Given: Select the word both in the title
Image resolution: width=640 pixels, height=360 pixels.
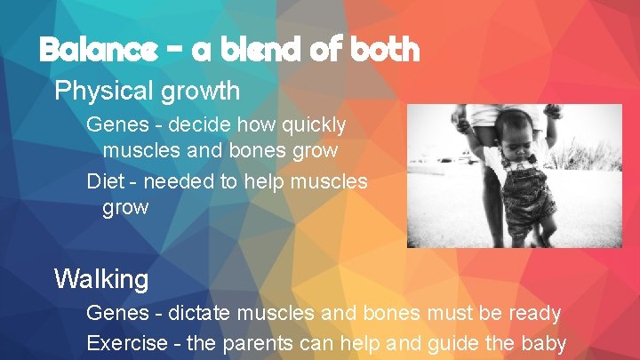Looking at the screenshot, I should coord(383,50).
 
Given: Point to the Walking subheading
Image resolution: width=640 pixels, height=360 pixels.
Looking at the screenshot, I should coord(101,279).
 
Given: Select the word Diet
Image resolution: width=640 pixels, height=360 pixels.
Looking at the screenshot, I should coord(106,182).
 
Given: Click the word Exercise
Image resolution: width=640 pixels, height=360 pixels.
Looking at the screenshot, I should coord(128,342).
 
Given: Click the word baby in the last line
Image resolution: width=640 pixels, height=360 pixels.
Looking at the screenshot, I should coord(544,343).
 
